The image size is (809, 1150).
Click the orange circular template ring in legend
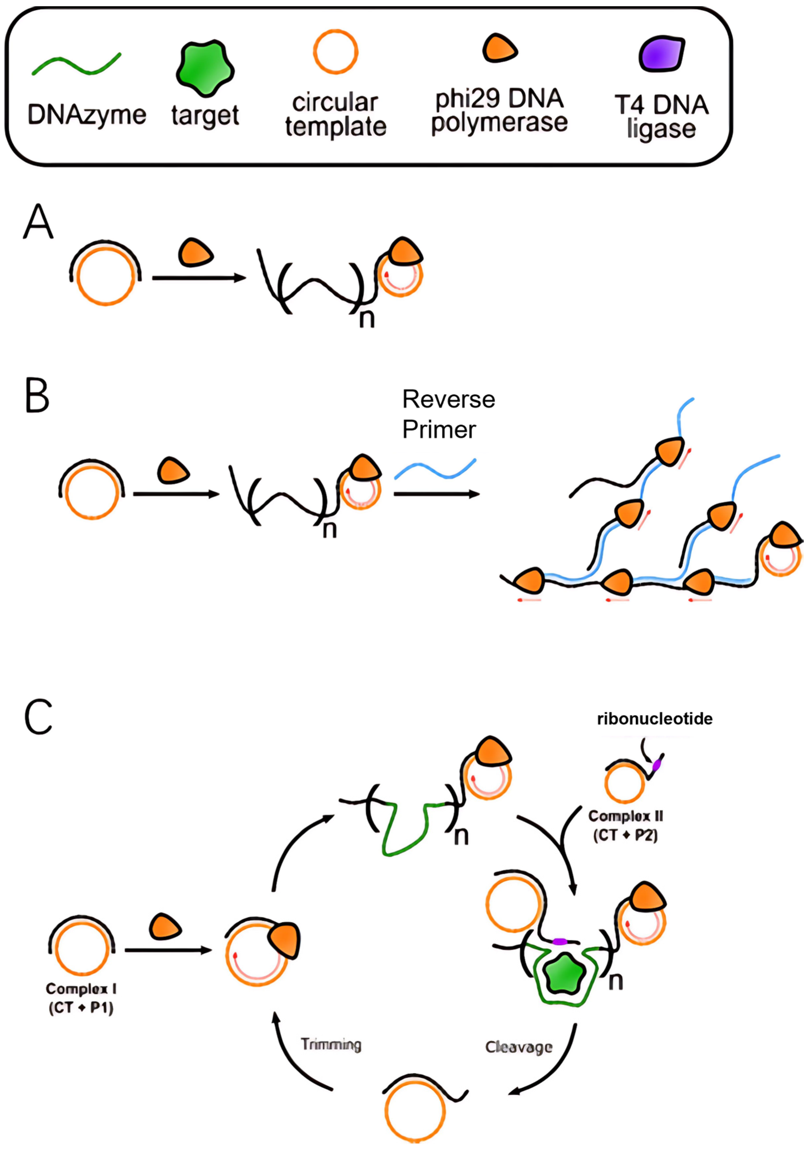tap(336, 31)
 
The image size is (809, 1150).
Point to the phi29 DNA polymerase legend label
tap(499, 111)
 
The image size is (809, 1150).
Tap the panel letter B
tap(37, 396)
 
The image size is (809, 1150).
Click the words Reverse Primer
tap(448, 414)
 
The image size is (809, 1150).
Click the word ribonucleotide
tap(654, 719)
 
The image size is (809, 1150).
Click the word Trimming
tap(331, 1044)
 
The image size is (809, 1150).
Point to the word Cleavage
tap(518, 1047)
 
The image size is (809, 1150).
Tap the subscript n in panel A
tap(367, 319)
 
